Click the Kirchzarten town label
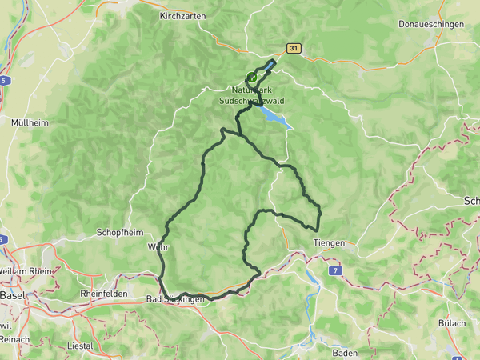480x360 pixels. point(183,15)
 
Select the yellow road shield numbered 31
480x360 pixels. point(295,49)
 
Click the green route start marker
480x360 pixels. point(252,78)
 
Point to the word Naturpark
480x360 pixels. point(251,90)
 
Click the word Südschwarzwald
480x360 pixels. point(250,102)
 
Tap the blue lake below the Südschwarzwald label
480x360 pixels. point(273,118)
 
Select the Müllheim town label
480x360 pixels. point(29,123)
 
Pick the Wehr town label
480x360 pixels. point(159,247)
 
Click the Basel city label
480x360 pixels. point(13,294)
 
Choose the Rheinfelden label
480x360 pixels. point(100,294)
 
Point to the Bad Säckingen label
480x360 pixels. point(175,298)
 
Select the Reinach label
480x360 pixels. point(14,339)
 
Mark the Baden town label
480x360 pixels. point(345,352)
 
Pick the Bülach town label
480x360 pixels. point(451,322)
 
